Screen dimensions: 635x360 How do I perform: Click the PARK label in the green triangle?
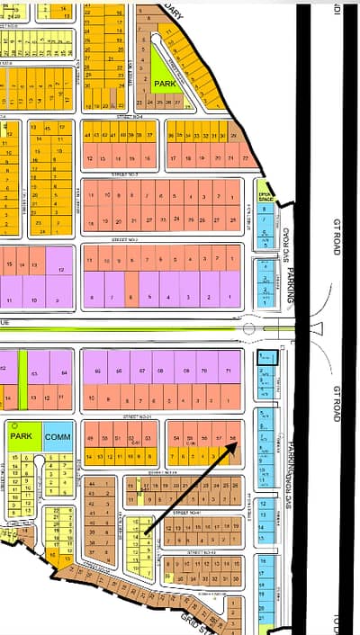tap(166, 84)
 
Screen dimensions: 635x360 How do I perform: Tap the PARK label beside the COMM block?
tap(22, 436)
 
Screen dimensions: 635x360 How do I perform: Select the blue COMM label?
tap(58, 436)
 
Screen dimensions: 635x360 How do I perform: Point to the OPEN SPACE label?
tap(265, 196)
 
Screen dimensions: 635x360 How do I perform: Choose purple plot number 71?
tap(229, 371)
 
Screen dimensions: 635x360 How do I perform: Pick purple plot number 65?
tap(97, 371)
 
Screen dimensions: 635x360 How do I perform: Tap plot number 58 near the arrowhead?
tap(233, 437)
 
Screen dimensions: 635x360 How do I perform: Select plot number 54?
tap(176, 437)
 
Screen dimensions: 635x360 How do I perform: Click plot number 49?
tap(90, 437)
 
